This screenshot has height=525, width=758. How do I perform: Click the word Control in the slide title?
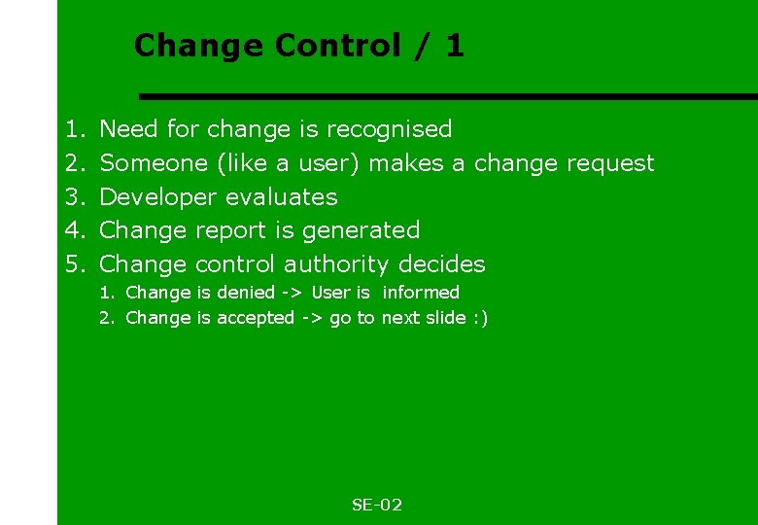tap(338, 46)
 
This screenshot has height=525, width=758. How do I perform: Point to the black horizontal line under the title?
tap(447, 96)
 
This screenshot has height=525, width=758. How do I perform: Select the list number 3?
tap(75, 196)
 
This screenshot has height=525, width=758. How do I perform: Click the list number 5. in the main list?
tap(75, 264)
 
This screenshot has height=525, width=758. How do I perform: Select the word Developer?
tap(158, 196)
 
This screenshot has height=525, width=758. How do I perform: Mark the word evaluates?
tap(281, 196)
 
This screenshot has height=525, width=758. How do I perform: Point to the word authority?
tap(336, 264)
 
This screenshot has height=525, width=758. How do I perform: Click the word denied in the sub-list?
tap(246, 293)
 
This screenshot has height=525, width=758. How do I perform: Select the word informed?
tap(421, 293)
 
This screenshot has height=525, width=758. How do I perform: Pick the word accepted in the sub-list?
tap(256, 318)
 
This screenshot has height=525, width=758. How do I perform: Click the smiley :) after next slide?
tap(480, 318)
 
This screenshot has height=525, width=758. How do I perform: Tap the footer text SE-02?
tap(377, 505)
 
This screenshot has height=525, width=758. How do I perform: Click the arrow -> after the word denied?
tap(293, 293)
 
